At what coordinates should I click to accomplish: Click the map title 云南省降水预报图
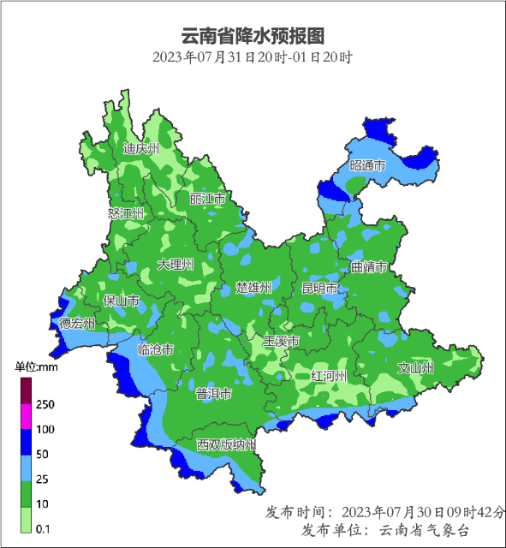pyautogui.click(x=253, y=37)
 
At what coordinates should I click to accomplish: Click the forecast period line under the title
pyautogui.click(x=253, y=58)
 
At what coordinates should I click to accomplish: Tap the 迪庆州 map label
pyautogui.click(x=141, y=149)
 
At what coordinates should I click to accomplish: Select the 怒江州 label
pyautogui.click(x=127, y=213)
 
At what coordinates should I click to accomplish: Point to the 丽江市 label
pyautogui.click(x=208, y=199)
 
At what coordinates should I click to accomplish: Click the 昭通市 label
pyautogui.click(x=367, y=165)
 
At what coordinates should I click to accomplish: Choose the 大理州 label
pyautogui.click(x=176, y=265)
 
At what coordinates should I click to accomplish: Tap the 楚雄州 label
pyautogui.click(x=253, y=287)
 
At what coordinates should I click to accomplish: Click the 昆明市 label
pyautogui.click(x=319, y=289)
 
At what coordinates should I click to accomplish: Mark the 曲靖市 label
pyautogui.click(x=369, y=267)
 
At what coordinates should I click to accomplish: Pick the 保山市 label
pyautogui.click(x=121, y=301)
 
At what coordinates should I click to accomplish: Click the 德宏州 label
pyautogui.click(x=77, y=324)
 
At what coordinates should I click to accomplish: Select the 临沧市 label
pyautogui.click(x=156, y=349)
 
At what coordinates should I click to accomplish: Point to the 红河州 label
pyautogui.click(x=329, y=376)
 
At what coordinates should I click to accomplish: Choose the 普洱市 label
pyautogui.click(x=213, y=394)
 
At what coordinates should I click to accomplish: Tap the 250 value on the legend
pyautogui.click(x=45, y=404)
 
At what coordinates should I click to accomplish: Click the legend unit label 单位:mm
pyautogui.click(x=36, y=366)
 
